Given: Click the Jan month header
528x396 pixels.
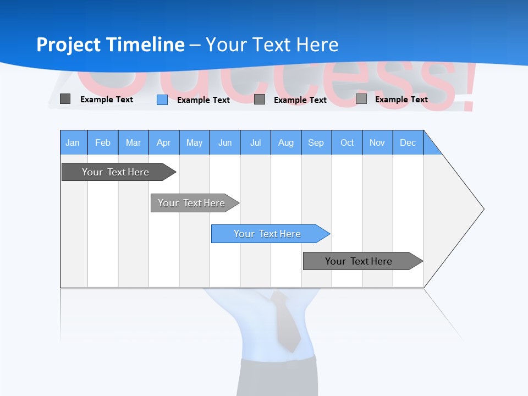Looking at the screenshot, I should pos(73,142).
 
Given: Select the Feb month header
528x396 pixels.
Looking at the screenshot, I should pos(103,142).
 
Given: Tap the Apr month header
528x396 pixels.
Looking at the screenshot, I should pos(163,142).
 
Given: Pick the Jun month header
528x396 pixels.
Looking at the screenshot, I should pos(225,142).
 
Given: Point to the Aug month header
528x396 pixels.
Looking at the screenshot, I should pos(286,142).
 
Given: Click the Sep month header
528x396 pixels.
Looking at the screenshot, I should pos(316,142).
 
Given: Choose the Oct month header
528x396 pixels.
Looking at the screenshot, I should pos(347,142).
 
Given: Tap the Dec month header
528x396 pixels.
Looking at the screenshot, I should pos(408,142).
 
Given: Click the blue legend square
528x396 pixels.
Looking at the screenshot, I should pos(162,100).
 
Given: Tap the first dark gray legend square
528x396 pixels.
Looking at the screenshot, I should pos(65,99).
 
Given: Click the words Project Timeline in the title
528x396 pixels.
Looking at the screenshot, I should pos(110,45).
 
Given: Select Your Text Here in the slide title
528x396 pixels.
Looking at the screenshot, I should pos(272,45).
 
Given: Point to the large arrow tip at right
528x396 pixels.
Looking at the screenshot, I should pos(473,209).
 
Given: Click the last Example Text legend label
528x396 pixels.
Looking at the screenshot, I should pos(401,99).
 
